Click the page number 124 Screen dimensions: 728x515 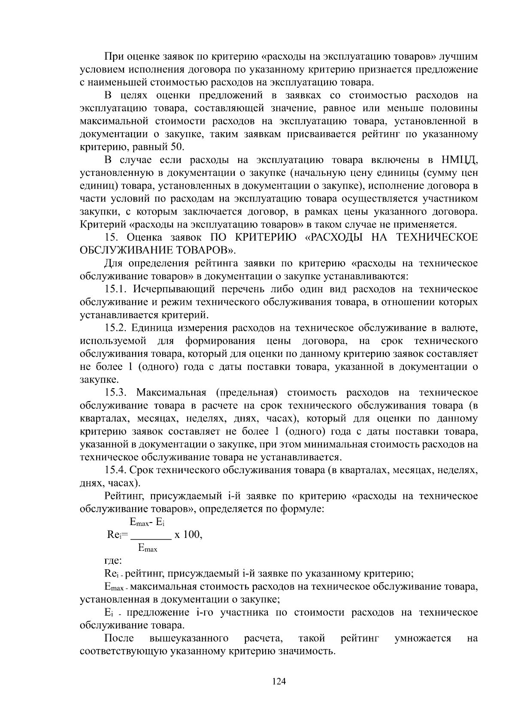coord(279,682)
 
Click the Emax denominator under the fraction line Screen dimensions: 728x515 coord(148,548)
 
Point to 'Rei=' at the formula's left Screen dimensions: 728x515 coord(117,535)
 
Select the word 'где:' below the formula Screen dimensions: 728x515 coord(113,561)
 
